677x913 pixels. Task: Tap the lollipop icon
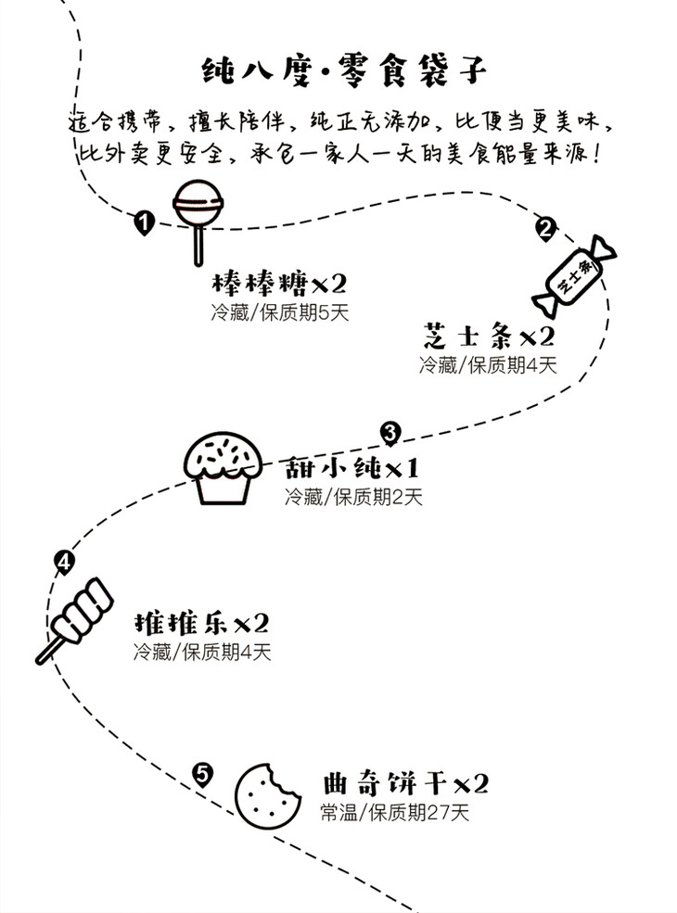(198, 206)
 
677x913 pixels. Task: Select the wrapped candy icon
(574, 274)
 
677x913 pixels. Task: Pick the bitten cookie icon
(265, 794)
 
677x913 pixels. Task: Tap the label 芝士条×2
(489, 336)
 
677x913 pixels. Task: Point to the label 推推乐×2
(201, 622)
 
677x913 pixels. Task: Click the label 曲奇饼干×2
(404, 784)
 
